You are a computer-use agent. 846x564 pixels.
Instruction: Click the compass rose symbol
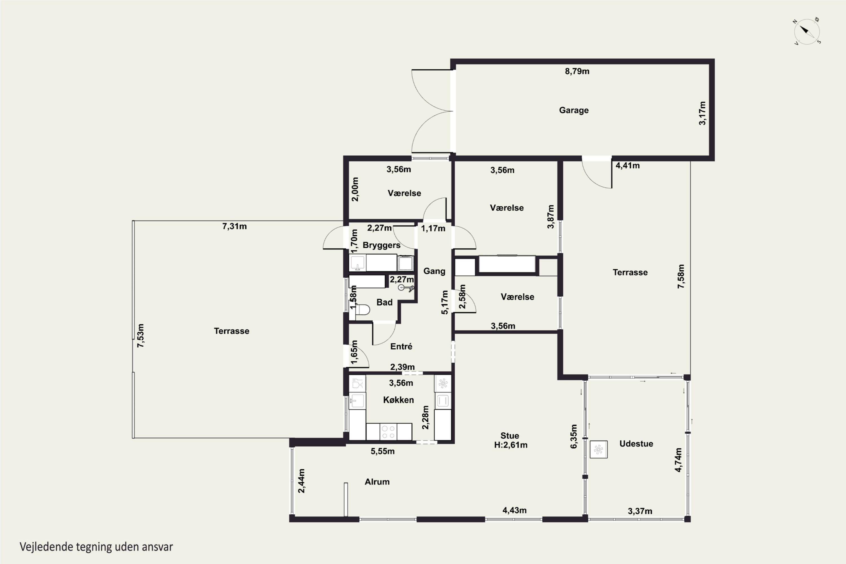[x=807, y=32]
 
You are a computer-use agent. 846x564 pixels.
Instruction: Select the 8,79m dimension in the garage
[x=577, y=71]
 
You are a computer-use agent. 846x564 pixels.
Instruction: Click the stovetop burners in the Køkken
[x=389, y=432]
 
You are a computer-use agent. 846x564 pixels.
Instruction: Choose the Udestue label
[x=636, y=444]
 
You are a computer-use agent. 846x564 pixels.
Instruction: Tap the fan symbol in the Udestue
[x=598, y=449]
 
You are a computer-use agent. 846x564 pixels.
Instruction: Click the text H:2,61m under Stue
[x=511, y=445]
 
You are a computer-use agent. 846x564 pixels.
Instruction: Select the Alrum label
[x=377, y=482]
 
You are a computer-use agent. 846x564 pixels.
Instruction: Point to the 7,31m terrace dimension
[x=235, y=226]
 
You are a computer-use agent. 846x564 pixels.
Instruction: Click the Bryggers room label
[x=381, y=245]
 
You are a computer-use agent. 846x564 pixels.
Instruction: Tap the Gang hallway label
[x=434, y=271]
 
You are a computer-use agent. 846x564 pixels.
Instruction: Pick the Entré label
[x=401, y=346]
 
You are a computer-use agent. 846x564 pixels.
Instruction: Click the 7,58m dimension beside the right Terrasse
[x=681, y=276]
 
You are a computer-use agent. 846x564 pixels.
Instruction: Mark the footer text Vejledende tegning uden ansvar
[x=96, y=547]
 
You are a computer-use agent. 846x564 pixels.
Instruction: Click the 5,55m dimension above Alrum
[x=383, y=451]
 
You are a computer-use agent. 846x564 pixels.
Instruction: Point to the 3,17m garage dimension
[x=702, y=113]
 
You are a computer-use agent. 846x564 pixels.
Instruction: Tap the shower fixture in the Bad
[x=406, y=287]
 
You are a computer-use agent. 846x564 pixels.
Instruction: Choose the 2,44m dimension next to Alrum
[x=301, y=481]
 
